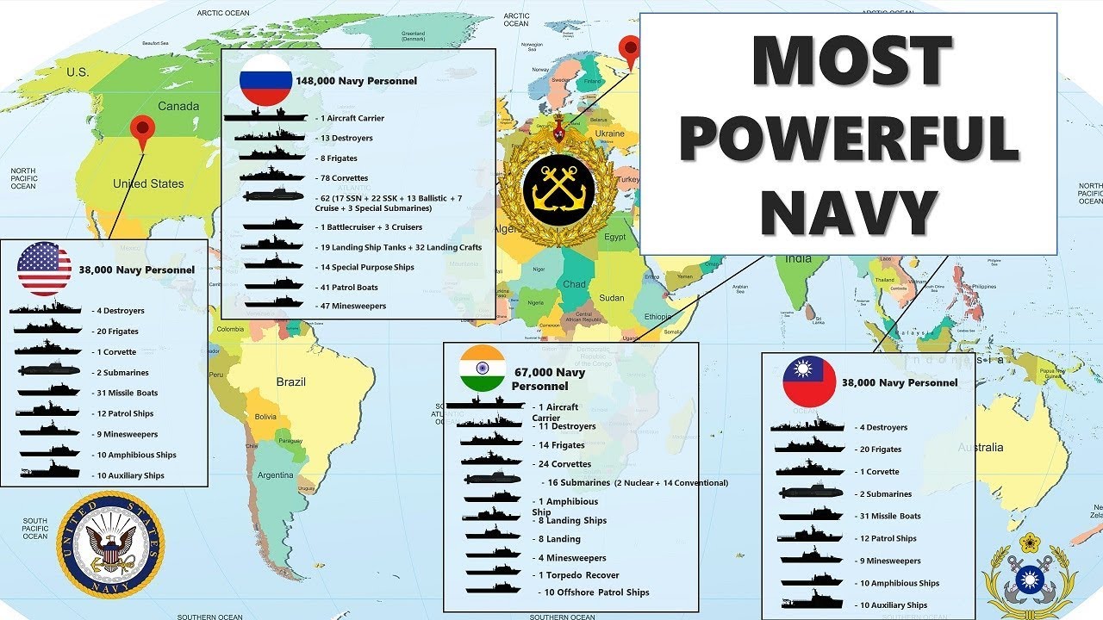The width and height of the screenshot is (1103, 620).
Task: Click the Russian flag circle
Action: [x=266, y=80]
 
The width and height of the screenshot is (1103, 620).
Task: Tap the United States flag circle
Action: [x=44, y=269]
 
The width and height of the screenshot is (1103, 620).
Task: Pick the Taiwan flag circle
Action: [x=809, y=381]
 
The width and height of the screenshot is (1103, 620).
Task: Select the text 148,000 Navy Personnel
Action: [x=356, y=81]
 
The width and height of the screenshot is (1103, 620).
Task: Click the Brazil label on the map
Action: [x=290, y=381]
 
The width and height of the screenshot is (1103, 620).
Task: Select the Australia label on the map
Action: [x=981, y=448]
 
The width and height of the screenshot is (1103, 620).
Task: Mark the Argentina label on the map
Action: [x=276, y=475]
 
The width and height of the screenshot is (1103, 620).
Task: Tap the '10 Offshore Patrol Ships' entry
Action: [x=595, y=592]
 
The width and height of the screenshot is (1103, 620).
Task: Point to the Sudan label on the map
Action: [x=612, y=298]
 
